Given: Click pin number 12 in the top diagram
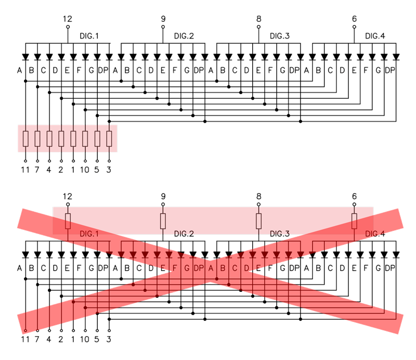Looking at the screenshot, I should pos(68,19).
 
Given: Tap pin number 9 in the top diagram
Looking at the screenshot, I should pos(163,19).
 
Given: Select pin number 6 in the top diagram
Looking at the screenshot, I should pos(354,19).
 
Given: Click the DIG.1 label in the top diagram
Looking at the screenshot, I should pos(88,36).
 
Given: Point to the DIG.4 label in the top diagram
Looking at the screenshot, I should pos(375,36).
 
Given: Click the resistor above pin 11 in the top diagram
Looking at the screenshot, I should pos(25,138).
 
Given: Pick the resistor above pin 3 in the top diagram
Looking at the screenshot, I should pos(109,138).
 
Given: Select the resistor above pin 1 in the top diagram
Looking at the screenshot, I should pos(73,138).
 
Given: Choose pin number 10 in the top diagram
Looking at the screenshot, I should pos(85,169).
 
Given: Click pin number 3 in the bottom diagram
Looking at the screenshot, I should pos(109,340).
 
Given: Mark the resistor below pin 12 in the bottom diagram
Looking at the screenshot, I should pos(68,221).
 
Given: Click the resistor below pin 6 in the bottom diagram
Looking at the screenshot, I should pos(354,221).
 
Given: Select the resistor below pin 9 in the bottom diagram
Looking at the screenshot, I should pos(163,221).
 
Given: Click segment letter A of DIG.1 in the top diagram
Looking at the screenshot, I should pos(20,70).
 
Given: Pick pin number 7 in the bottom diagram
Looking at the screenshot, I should pos(37,340).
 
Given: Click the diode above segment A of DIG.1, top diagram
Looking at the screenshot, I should pos(25,56).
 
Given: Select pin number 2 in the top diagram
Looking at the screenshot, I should pos(61,169).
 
